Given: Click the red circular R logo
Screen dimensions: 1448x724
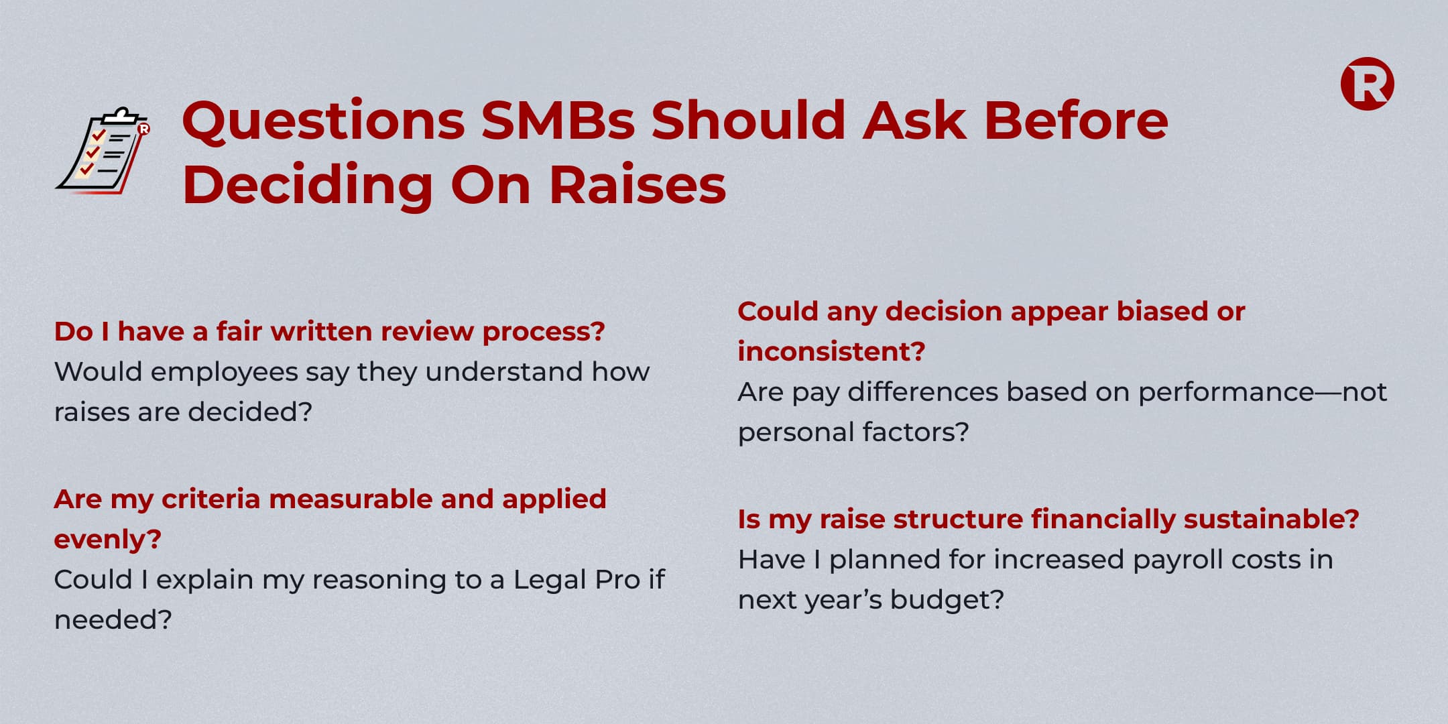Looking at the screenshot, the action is pyautogui.click(x=1367, y=84).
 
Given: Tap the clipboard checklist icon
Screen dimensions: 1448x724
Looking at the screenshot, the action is pyautogui.click(x=103, y=151).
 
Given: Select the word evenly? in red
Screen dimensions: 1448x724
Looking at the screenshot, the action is pyautogui.click(x=108, y=540).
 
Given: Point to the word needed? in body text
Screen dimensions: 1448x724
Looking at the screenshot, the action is pyautogui.click(x=113, y=619).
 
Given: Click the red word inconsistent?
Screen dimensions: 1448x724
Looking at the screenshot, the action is pyautogui.click(x=831, y=351).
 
